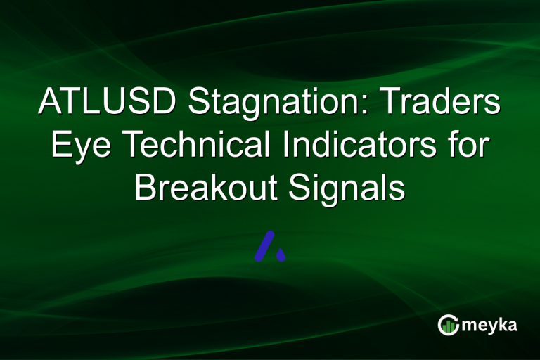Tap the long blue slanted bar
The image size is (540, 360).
264,245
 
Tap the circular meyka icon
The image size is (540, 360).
449,324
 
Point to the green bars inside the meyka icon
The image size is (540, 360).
449,326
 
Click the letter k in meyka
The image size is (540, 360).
502,324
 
